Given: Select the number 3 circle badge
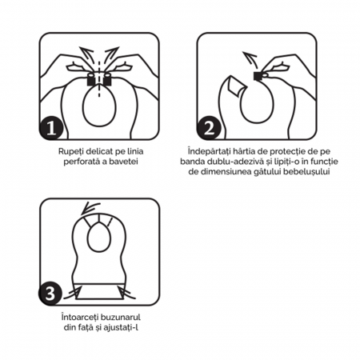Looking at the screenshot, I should coord(52,291).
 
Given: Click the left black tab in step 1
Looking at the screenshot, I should coord(90,78).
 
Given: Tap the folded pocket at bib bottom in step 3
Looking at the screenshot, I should coord(100,290).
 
